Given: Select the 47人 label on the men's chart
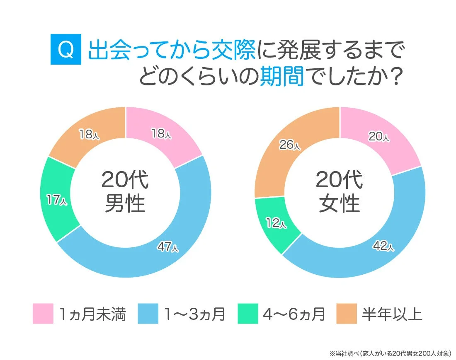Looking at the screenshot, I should [x=168, y=247].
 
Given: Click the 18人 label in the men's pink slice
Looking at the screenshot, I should [x=160, y=133].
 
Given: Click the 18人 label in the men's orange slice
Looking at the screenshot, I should [x=89, y=134].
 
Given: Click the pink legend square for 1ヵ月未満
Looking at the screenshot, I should [x=43, y=314].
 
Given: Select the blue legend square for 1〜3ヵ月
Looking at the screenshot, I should [x=148, y=314].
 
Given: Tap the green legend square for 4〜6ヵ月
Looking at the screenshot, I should [x=248, y=314].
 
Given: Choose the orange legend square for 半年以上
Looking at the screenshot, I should [x=347, y=314].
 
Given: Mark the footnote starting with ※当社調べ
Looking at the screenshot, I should [x=390, y=353].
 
